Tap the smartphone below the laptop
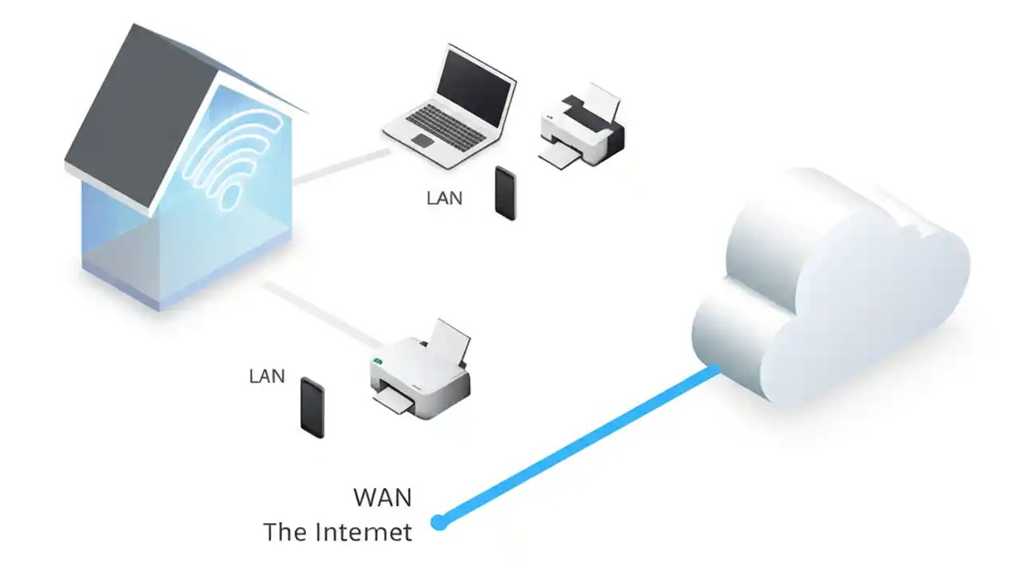click(x=505, y=193)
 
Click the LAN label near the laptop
click(x=445, y=198)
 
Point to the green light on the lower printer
click(x=378, y=361)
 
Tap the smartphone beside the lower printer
click(x=312, y=407)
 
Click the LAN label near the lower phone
click(x=267, y=375)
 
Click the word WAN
click(x=382, y=498)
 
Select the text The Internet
click(x=338, y=532)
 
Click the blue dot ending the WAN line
click(x=438, y=522)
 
